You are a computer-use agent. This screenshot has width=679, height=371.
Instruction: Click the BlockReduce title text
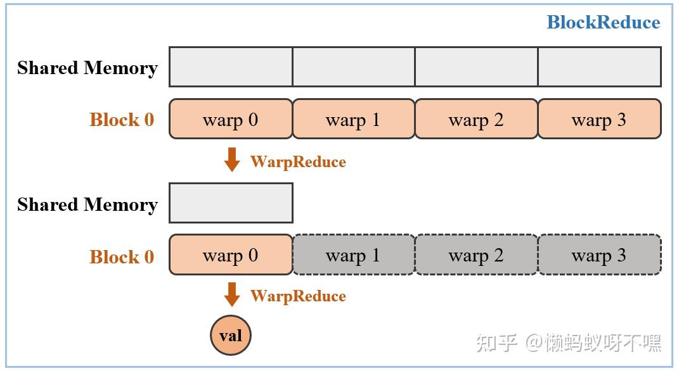pyautogui.click(x=603, y=23)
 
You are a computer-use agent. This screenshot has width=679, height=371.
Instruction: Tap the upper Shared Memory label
pyautogui.click(x=87, y=68)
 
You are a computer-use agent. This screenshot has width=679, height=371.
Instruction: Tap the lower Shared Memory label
pyautogui.click(x=87, y=204)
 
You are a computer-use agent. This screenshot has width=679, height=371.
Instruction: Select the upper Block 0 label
pyautogui.click(x=122, y=120)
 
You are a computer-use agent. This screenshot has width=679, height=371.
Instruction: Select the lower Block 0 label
pyautogui.click(x=122, y=256)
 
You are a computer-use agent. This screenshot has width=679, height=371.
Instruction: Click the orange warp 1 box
pyautogui.click(x=353, y=119)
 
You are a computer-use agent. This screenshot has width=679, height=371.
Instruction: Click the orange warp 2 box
pyautogui.click(x=476, y=119)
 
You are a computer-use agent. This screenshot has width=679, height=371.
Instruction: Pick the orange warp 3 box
pyautogui.click(x=599, y=119)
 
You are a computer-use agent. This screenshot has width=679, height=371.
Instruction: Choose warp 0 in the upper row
pyautogui.click(x=231, y=119)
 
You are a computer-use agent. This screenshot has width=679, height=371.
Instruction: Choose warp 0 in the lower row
pyautogui.click(x=231, y=255)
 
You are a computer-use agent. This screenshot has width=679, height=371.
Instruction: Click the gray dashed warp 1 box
pyautogui.click(x=353, y=255)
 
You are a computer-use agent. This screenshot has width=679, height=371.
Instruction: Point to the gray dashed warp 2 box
pyautogui.click(x=476, y=255)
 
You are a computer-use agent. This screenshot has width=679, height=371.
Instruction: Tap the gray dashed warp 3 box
pyautogui.click(x=599, y=255)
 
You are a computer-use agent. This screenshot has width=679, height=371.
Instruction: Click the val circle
pyautogui.click(x=231, y=335)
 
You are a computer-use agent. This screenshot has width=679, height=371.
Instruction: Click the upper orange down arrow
pyautogui.click(x=232, y=160)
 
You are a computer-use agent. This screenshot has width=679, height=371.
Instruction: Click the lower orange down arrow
pyautogui.click(x=232, y=294)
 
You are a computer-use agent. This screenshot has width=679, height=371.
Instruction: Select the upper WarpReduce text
pyautogui.click(x=298, y=162)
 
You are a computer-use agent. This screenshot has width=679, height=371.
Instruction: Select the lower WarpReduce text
pyautogui.click(x=298, y=296)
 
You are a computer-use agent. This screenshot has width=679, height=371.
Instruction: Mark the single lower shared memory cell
pyautogui.click(x=231, y=203)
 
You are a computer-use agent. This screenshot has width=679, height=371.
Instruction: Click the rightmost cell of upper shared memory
pyautogui.click(x=599, y=66)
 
